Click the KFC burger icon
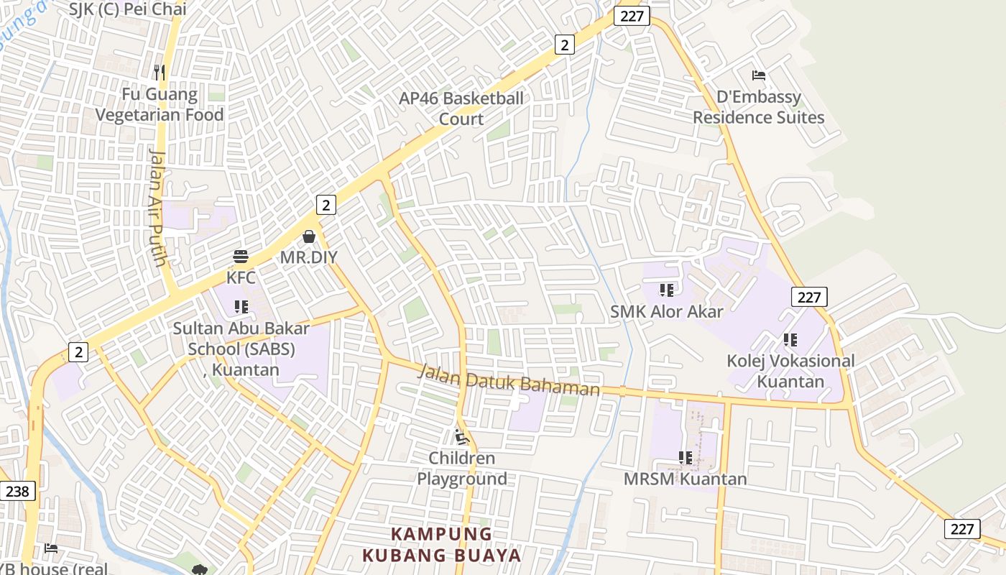click(x=241, y=257)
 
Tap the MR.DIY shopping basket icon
click(x=309, y=236)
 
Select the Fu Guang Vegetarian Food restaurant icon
click(x=160, y=73)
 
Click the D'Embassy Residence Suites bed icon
click(x=758, y=75)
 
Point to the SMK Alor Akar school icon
click(x=666, y=290)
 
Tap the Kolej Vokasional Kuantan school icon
click(x=790, y=340)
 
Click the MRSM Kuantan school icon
click(x=685, y=457)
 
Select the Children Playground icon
click(x=462, y=436)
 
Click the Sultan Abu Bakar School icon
click(x=241, y=308)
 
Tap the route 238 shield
click(x=17, y=491)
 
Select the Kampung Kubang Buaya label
click(x=442, y=545)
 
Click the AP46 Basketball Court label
click(x=461, y=109)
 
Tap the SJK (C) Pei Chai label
click(x=129, y=9)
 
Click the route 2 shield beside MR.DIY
click(x=326, y=205)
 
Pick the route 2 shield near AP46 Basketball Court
click(x=565, y=45)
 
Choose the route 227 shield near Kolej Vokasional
click(x=809, y=297)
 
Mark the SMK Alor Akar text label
click(x=666, y=311)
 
